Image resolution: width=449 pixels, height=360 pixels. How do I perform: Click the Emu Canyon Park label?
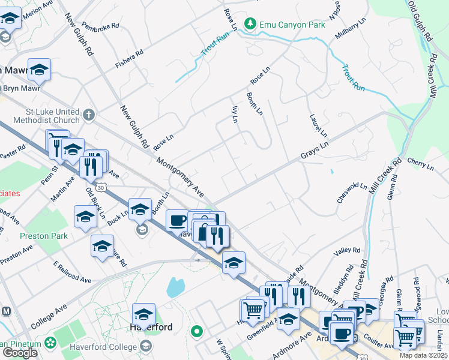click(292, 25)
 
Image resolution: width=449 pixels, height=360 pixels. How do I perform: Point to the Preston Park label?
click(43, 236)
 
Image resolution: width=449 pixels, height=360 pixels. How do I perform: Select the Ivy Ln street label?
click(235, 114)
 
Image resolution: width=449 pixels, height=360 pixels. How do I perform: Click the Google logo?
click(19, 352)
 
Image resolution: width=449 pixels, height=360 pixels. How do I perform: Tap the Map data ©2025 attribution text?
click(423, 355)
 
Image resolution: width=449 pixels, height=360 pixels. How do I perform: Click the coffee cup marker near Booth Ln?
click(176, 220)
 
